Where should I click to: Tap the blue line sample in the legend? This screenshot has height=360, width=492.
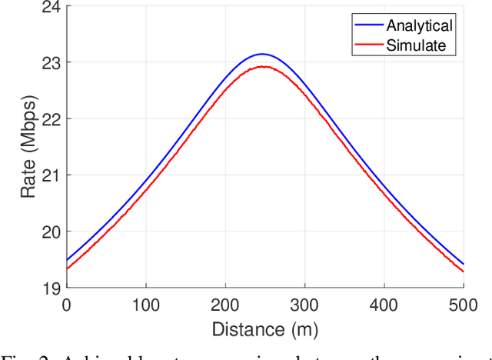click(368, 25)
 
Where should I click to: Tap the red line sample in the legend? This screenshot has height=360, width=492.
click(368, 45)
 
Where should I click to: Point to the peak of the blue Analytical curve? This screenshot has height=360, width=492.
click(263, 54)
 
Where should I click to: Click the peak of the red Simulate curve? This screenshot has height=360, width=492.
click(263, 67)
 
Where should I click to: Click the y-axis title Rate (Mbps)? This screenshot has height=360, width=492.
click(28, 146)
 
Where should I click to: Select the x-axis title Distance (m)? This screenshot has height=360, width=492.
click(264, 330)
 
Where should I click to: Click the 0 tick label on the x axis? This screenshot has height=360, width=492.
click(66, 305)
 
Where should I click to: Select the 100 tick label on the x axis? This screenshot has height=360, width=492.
click(146, 305)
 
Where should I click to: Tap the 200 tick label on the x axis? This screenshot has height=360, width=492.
click(225, 305)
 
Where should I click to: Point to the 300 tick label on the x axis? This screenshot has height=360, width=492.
click(305, 305)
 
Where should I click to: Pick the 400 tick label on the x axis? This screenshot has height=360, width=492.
click(384, 305)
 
